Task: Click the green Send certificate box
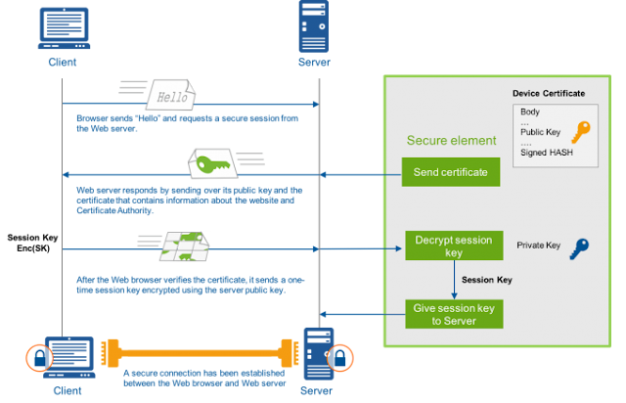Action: pyautogui.click(x=451, y=173)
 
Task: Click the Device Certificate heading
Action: pyautogui.click(x=549, y=94)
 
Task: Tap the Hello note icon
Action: pyautogui.click(x=172, y=98)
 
